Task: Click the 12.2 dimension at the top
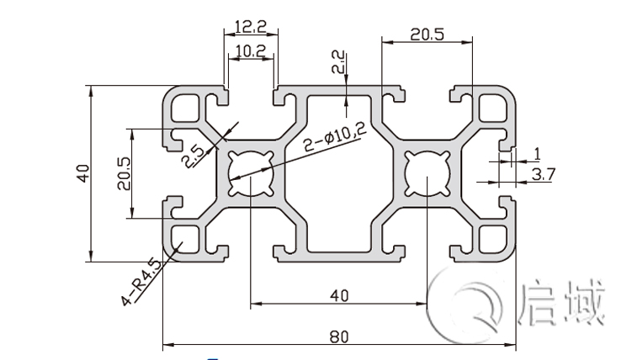click(250, 27)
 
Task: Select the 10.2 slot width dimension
click(250, 50)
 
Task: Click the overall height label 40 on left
click(82, 174)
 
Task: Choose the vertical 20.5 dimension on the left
click(122, 174)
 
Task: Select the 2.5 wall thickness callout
click(193, 156)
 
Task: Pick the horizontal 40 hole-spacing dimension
click(338, 294)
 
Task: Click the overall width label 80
click(338, 336)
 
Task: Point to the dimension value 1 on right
click(535, 154)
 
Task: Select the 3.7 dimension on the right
click(543, 174)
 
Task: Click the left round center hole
click(250, 173)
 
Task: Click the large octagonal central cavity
click(338, 173)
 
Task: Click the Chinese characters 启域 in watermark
click(561, 304)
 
